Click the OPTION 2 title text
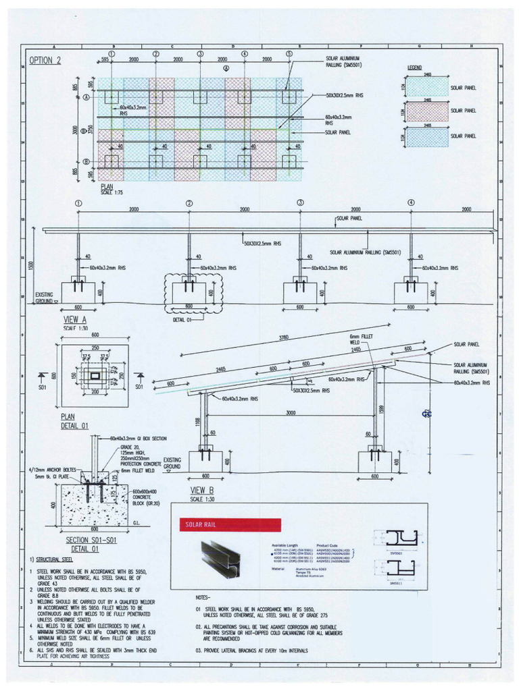point(45,61)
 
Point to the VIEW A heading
point(75,319)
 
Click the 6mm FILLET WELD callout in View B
point(357,339)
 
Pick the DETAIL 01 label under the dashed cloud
point(182,320)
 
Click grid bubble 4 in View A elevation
point(411,202)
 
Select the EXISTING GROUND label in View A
point(45,298)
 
